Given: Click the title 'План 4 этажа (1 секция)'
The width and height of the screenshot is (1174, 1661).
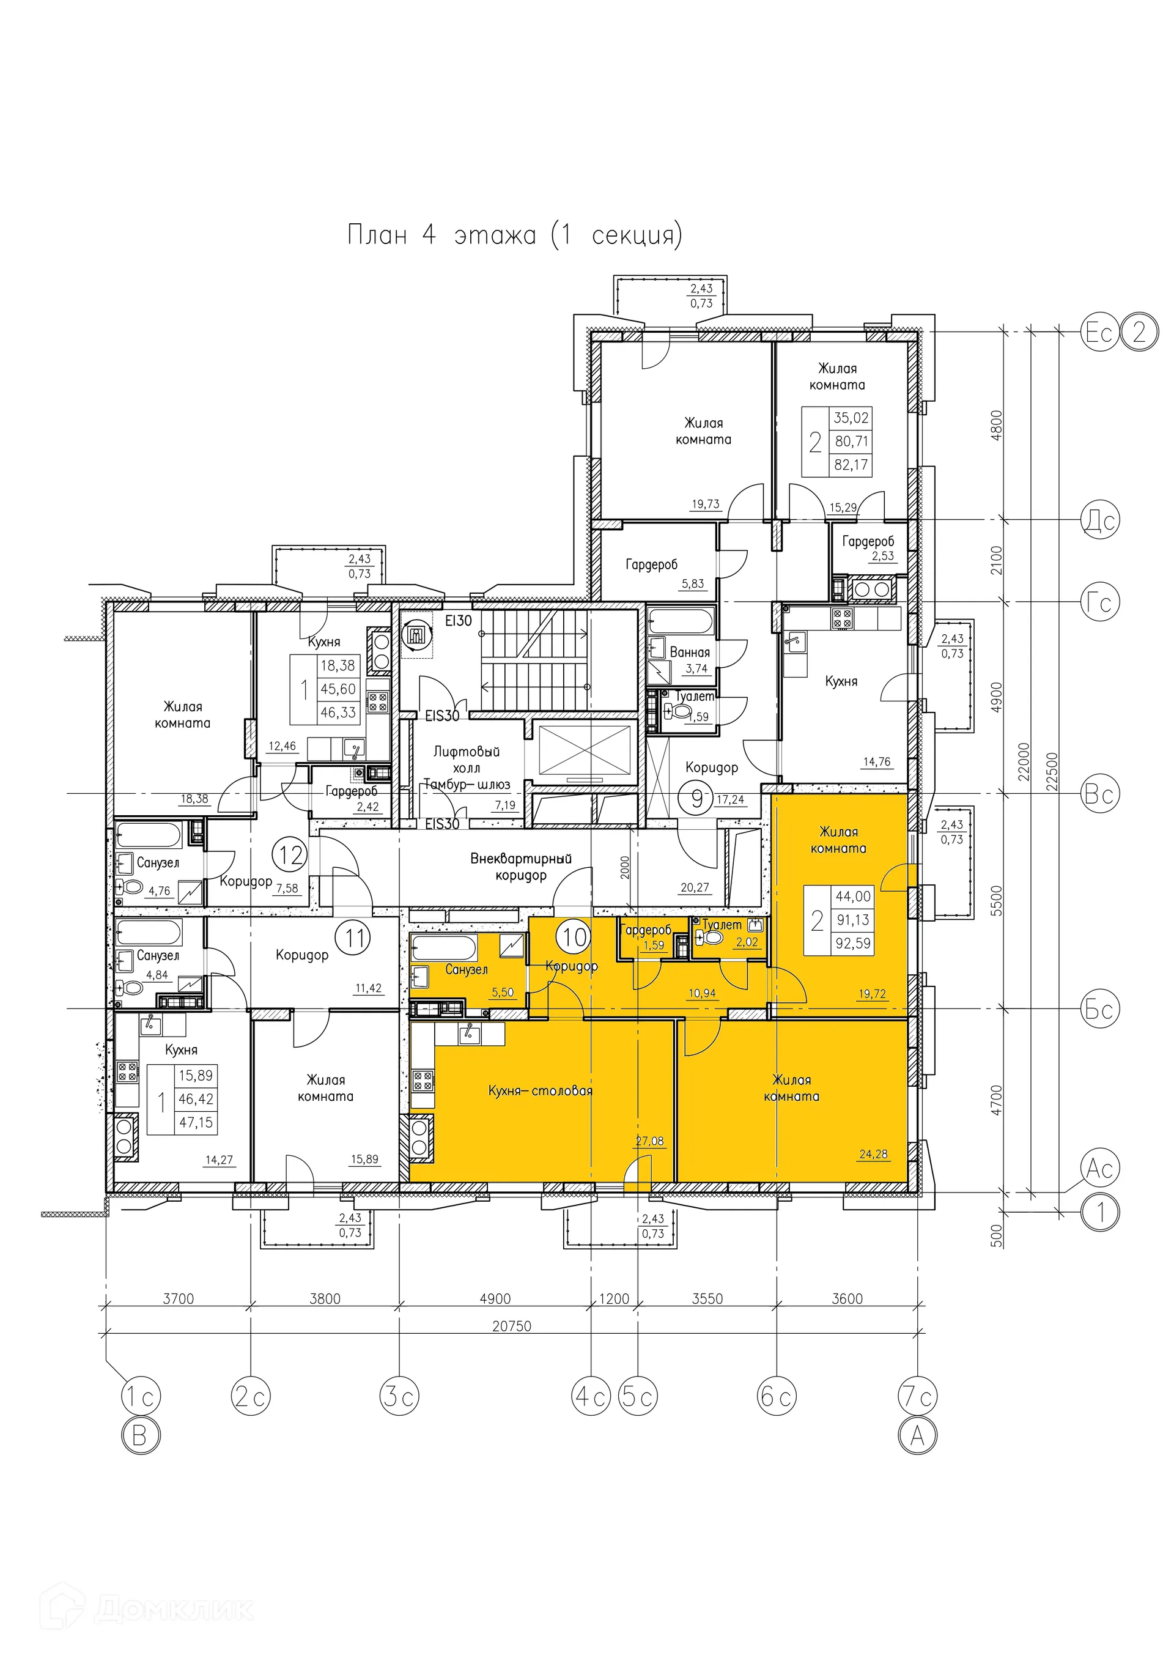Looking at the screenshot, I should click(514, 235).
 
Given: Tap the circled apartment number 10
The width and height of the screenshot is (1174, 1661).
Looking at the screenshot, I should click(574, 938).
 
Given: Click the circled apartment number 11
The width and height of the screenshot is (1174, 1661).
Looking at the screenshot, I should click(355, 938).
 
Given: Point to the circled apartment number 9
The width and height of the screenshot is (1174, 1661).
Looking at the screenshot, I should click(696, 799).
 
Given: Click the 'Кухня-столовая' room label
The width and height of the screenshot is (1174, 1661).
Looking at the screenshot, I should click(540, 1091).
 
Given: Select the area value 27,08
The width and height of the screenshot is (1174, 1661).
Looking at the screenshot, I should click(649, 1141).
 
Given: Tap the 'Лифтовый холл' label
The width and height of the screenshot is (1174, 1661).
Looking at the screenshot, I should click(467, 760).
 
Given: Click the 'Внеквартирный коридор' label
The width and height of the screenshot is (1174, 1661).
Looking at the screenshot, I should click(520, 867).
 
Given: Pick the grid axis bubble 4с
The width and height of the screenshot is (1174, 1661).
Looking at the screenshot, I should click(591, 1396).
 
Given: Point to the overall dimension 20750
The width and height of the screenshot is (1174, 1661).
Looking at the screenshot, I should click(511, 1326).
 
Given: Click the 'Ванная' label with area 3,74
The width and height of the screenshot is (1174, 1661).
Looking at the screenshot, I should click(689, 653).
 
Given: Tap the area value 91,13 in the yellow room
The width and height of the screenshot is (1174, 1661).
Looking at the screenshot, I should click(853, 920).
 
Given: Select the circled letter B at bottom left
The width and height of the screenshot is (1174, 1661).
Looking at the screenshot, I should click(139, 1435).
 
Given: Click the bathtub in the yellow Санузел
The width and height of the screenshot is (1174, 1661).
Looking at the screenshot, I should click(443, 948).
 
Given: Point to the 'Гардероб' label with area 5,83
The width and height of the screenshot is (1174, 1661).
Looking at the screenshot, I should click(651, 565).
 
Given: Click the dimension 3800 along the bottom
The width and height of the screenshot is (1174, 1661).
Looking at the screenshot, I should click(325, 1298).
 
